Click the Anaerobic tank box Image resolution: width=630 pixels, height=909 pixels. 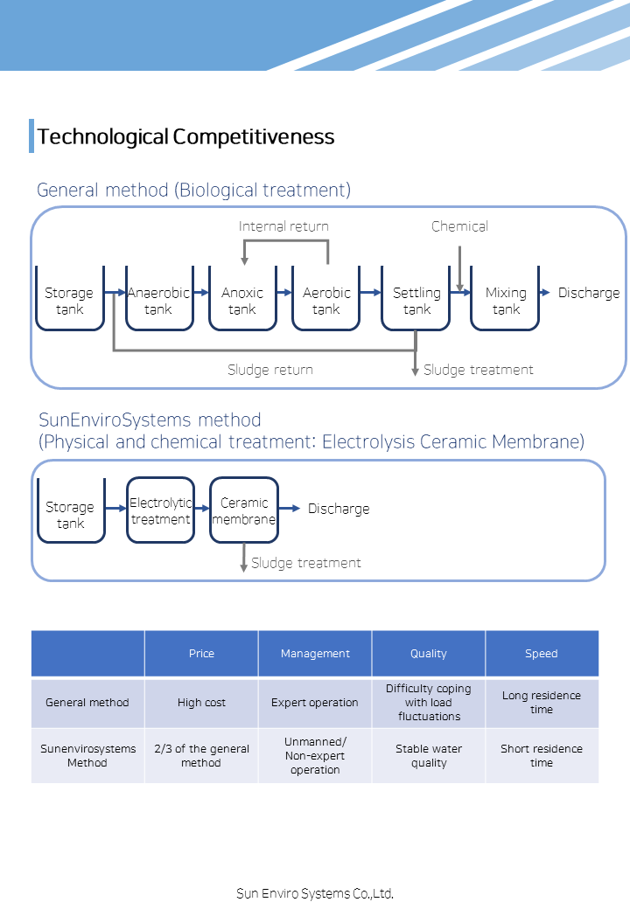[x=159, y=299]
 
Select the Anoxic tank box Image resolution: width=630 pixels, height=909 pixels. [x=242, y=299]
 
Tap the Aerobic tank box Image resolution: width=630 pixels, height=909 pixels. [x=326, y=299]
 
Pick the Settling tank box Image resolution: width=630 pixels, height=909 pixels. [x=416, y=299]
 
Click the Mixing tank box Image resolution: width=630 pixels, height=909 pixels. [x=505, y=299]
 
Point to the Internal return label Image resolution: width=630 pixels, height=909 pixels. [x=283, y=226]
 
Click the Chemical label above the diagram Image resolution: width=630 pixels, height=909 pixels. [x=459, y=226]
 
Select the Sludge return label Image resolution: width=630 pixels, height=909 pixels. [x=270, y=369]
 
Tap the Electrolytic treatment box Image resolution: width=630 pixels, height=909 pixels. [x=161, y=510]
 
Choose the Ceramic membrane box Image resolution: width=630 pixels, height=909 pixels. [x=244, y=510]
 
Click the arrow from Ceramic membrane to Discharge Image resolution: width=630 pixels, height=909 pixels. [x=290, y=509]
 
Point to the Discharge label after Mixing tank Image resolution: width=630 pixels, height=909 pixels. [x=589, y=293]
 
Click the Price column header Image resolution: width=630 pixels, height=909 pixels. [x=201, y=654]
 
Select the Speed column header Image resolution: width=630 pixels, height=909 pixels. [x=542, y=654]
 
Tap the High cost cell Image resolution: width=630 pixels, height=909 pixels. [x=201, y=703]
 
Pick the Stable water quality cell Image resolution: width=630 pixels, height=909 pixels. [x=429, y=756]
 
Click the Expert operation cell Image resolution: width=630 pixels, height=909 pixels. [x=315, y=703]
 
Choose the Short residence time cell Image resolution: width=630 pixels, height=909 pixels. [x=542, y=756]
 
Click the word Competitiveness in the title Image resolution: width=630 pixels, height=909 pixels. [x=254, y=137]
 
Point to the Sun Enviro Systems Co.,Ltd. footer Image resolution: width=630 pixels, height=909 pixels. [x=315, y=893]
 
